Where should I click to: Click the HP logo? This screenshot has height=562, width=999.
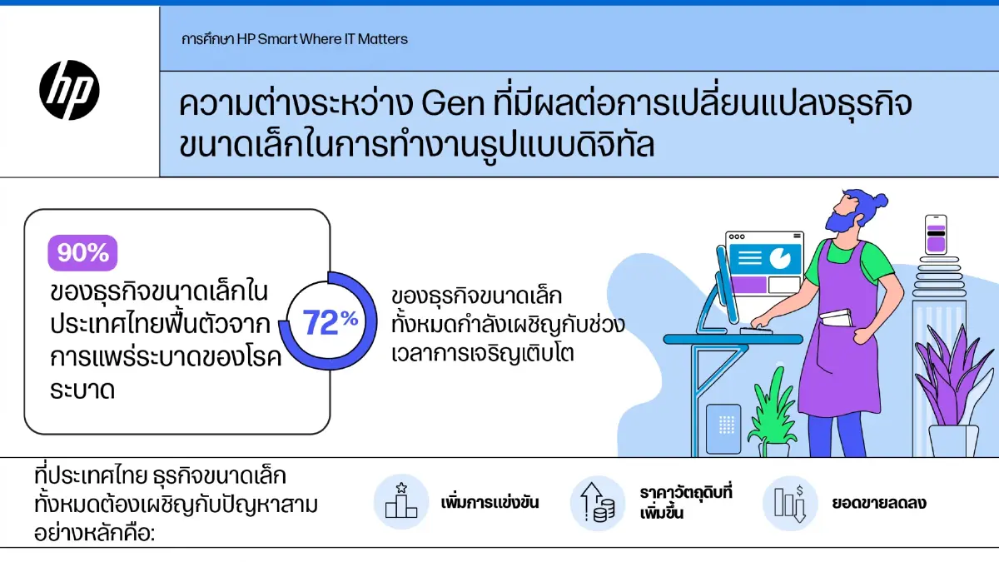click(x=69, y=90)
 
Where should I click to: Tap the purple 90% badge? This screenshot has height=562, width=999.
click(x=82, y=253)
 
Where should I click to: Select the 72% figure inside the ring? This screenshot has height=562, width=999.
click(x=330, y=322)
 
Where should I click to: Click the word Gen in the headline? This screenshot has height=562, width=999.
click(x=453, y=103)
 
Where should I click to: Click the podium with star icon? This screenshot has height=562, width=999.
click(x=401, y=501)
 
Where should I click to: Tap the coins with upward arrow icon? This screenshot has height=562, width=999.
click(x=597, y=502)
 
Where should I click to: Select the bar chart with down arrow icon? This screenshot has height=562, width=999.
click(x=790, y=503)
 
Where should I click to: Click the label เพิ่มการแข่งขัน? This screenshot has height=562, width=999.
click(x=490, y=503)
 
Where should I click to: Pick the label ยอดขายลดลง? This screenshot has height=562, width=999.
click(x=879, y=503)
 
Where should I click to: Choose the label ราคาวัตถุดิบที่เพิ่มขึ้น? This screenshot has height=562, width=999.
click(x=686, y=503)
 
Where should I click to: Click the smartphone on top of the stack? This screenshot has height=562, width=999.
click(x=936, y=235)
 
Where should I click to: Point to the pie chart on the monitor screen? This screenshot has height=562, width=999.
click(x=781, y=257)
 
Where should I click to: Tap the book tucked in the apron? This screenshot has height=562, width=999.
click(x=836, y=318)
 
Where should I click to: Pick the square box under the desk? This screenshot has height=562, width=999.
click(x=723, y=428)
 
